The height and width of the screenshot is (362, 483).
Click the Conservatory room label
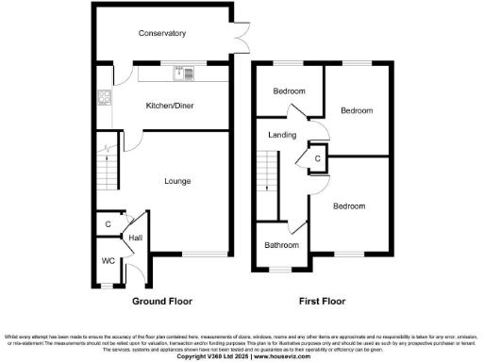(x=161, y=34)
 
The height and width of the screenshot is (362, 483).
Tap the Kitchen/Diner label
(x=169, y=106)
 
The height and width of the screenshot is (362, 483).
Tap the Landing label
(x=281, y=135)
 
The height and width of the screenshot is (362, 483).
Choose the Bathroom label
(x=282, y=245)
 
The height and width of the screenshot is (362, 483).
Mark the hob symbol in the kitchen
(x=104, y=96)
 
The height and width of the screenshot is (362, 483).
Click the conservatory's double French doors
(x=244, y=35)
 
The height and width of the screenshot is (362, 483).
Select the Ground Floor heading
(x=161, y=303)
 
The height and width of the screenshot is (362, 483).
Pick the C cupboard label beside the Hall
(x=108, y=224)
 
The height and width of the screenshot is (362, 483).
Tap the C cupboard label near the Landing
(x=318, y=159)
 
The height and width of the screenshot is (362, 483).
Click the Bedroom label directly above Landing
(x=290, y=90)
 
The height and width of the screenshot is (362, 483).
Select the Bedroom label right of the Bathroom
(x=348, y=206)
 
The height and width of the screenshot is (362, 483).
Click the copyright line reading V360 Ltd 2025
(x=241, y=356)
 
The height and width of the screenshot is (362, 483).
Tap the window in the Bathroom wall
(x=280, y=271)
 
